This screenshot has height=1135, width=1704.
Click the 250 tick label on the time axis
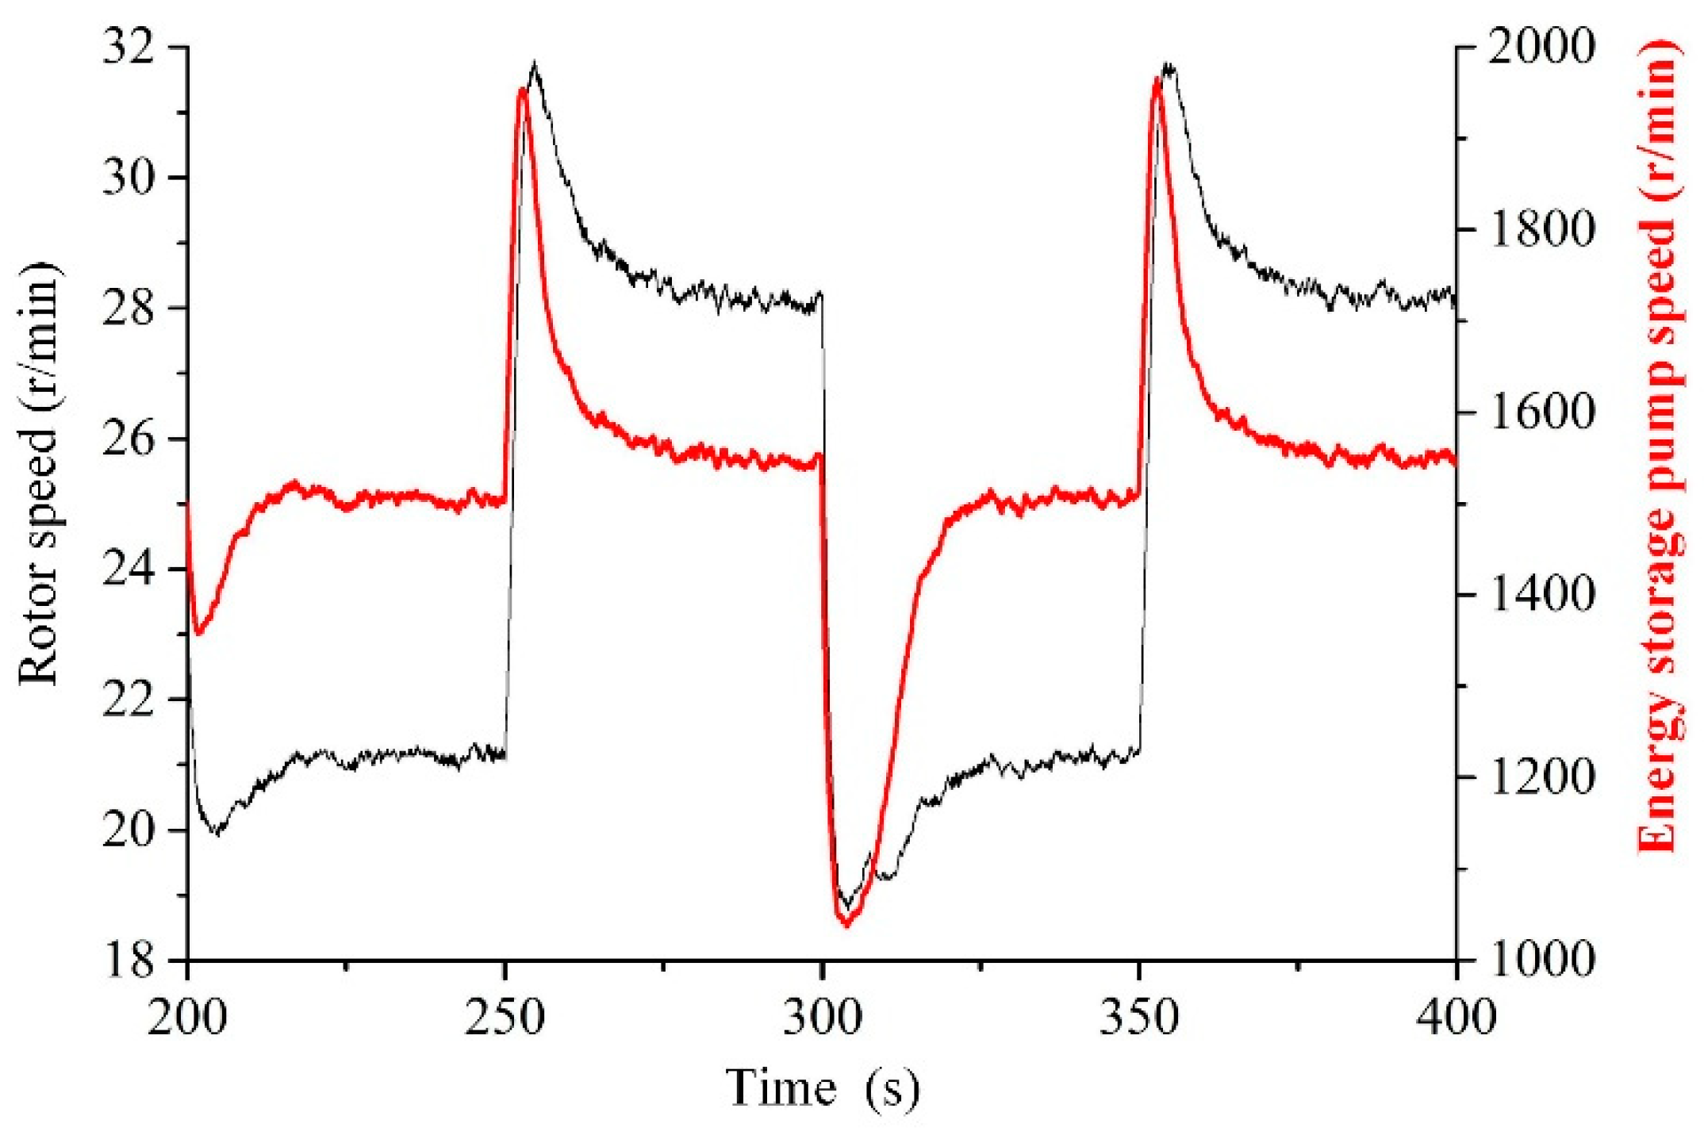(x=505, y=1018)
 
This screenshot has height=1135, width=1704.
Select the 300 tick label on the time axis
(x=822, y=1018)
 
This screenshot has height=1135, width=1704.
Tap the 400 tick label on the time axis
(x=1456, y=1018)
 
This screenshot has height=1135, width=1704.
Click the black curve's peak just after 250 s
(x=535, y=63)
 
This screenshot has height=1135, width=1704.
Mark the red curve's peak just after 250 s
(x=522, y=89)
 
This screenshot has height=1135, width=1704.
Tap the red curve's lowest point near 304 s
(x=846, y=924)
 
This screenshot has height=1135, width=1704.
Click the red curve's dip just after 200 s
(x=199, y=633)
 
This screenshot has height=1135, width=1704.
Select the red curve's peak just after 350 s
(x=1157, y=79)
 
